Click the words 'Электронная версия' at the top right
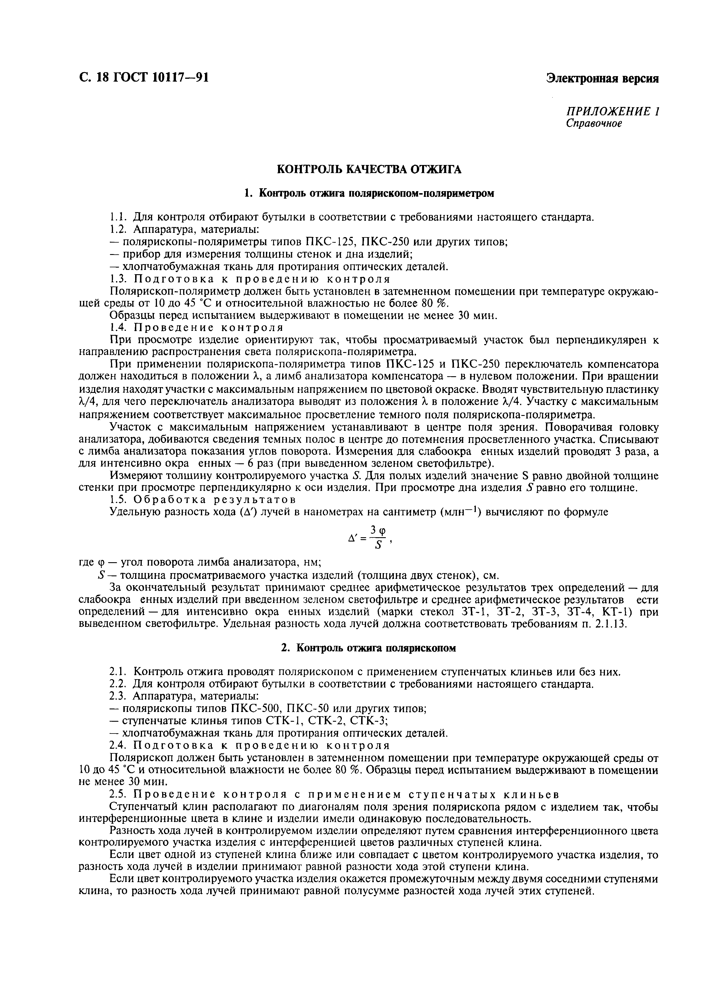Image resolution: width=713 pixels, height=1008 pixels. [x=602, y=78]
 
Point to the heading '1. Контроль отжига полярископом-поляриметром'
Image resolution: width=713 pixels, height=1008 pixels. [x=369, y=193]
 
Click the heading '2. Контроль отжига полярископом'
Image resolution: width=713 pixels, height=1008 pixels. [x=369, y=648]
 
